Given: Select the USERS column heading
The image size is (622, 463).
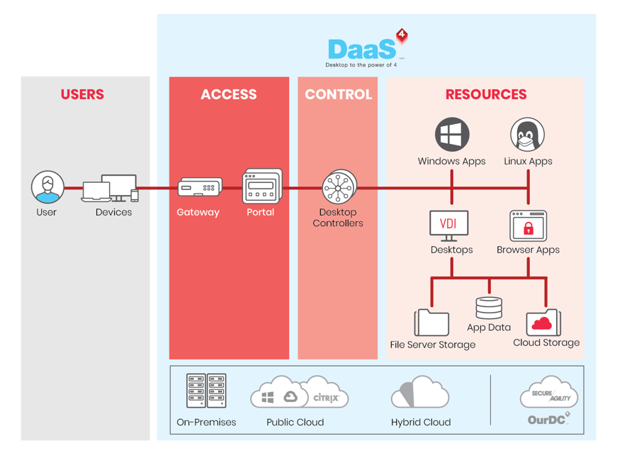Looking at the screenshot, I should [82, 94].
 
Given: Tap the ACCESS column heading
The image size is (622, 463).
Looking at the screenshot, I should [229, 94].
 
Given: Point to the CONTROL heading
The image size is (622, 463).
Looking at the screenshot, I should [338, 94].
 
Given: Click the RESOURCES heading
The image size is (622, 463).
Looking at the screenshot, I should [486, 94].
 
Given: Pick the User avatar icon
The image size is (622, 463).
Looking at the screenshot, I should [47, 187].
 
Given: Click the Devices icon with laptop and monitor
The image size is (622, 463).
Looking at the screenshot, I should [111, 188].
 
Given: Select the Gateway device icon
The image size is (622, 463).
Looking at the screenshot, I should [200, 188].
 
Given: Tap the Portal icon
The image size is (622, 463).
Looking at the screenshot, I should [262, 186].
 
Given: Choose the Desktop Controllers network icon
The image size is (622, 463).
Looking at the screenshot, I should [338, 188].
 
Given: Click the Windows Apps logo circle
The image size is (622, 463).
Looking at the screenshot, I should [452, 135].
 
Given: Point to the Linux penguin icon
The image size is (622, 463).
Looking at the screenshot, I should [528, 135].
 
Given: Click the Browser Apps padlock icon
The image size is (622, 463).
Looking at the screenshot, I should [528, 226].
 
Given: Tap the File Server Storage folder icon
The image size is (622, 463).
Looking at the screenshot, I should [431, 322].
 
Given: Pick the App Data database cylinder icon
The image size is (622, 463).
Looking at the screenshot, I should [489, 308].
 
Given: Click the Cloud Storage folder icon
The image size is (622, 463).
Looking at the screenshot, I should [543, 322].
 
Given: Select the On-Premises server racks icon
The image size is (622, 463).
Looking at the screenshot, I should [206, 391].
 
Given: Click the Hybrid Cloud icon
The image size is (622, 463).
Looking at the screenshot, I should [421, 392].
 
